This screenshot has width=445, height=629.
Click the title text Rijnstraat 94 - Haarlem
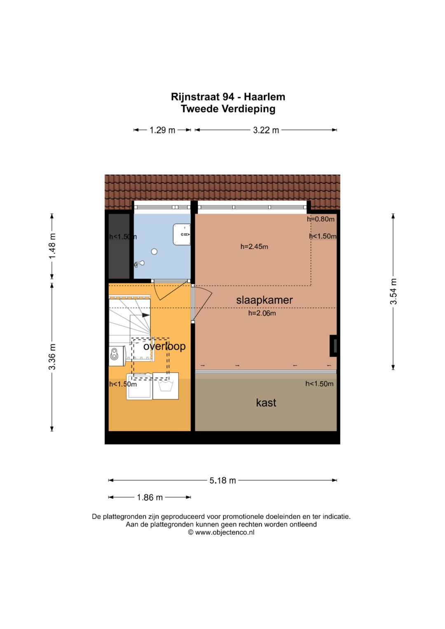pos(228,97)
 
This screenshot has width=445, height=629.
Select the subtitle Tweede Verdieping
pos(228,109)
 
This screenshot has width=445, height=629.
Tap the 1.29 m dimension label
pos(162,130)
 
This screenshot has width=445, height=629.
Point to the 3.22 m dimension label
pos(266,130)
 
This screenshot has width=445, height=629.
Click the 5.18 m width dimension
pos(222,480)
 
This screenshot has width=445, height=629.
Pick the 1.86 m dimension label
pos(150,497)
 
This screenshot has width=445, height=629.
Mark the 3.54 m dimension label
pos(393,292)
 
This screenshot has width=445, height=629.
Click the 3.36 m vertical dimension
pos(52,356)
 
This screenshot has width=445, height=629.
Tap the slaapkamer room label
pos(265,300)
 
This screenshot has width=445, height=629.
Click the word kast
pos(266,403)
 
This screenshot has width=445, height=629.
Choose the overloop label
pos(164,346)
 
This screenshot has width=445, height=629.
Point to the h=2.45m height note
pos(254,247)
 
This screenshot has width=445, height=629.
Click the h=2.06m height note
pos(262,313)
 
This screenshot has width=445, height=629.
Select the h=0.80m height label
pos(321,219)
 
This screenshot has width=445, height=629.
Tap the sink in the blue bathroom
pos(182,234)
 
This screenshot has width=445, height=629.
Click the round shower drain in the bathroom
pos(154,252)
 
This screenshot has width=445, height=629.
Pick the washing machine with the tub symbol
pos(166,386)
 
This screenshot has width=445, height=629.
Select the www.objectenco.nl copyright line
pos(221,532)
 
